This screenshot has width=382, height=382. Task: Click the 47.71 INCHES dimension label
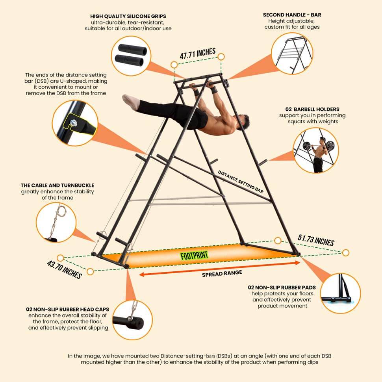(x=198, y=53)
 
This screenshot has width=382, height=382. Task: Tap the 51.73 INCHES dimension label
(x=316, y=240)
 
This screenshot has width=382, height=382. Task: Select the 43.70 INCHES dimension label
(x=64, y=269)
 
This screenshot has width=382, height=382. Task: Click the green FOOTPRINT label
(x=194, y=255)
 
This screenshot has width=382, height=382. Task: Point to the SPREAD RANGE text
(x=222, y=273)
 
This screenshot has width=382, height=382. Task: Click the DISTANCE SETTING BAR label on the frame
(x=241, y=182)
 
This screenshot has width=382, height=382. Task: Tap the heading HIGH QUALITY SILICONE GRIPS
(x=128, y=16)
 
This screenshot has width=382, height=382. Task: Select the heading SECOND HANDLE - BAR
(x=292, y=15)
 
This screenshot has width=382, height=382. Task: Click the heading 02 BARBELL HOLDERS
(x=312, y=109)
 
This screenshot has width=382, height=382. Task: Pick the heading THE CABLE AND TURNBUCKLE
(x=57, y=185)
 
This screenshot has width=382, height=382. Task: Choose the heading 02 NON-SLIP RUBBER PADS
(x=282, y=287)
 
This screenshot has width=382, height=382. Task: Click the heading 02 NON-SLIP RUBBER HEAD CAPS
(x=67, y=310)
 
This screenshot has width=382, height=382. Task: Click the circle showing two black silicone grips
(x=131, y=56)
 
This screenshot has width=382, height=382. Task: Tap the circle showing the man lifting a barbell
(x=316, y=150)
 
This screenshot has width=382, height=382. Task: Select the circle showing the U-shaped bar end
(x=75, y=123)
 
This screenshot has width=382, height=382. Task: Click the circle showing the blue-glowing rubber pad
(x=340, y=293)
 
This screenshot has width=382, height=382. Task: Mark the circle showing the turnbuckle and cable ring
(x=56, y=222)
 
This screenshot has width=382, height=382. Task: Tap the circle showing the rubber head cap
(x=133, y=320)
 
